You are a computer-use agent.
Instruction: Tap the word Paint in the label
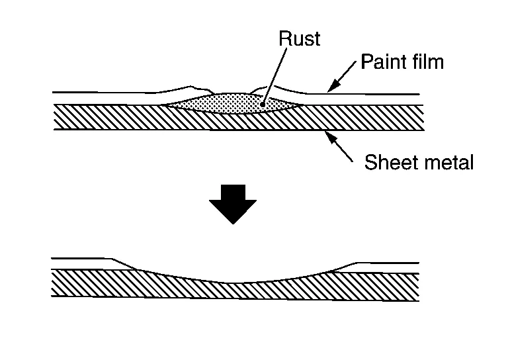382,63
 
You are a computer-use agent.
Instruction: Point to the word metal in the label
450,162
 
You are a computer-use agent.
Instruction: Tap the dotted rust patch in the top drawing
232,103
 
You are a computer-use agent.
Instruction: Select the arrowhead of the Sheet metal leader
327,135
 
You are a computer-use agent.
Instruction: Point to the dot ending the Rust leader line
263,103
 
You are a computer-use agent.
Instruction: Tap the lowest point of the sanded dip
235,283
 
